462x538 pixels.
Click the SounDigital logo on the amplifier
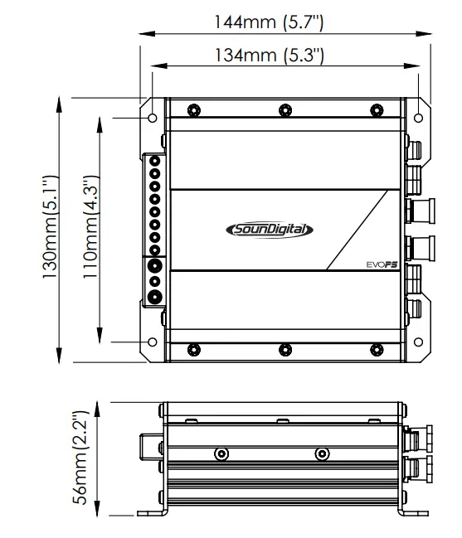[x=270, y=230]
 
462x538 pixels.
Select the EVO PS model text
[x=382, y=264]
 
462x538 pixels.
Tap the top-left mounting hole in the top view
[x=152, y=117]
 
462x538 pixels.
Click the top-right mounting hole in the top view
[x=419, y=117]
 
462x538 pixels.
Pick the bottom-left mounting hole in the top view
[x=152, y=341]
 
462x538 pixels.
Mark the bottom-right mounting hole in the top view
[x=419, y=341]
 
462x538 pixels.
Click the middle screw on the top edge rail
[x=284, y=109]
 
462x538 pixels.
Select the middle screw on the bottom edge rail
[x=284, y=348]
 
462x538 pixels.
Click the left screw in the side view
[x=221, y=453]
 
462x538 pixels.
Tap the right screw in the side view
[x=322, y=453]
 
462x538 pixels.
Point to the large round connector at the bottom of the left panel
[x=154, y=297]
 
